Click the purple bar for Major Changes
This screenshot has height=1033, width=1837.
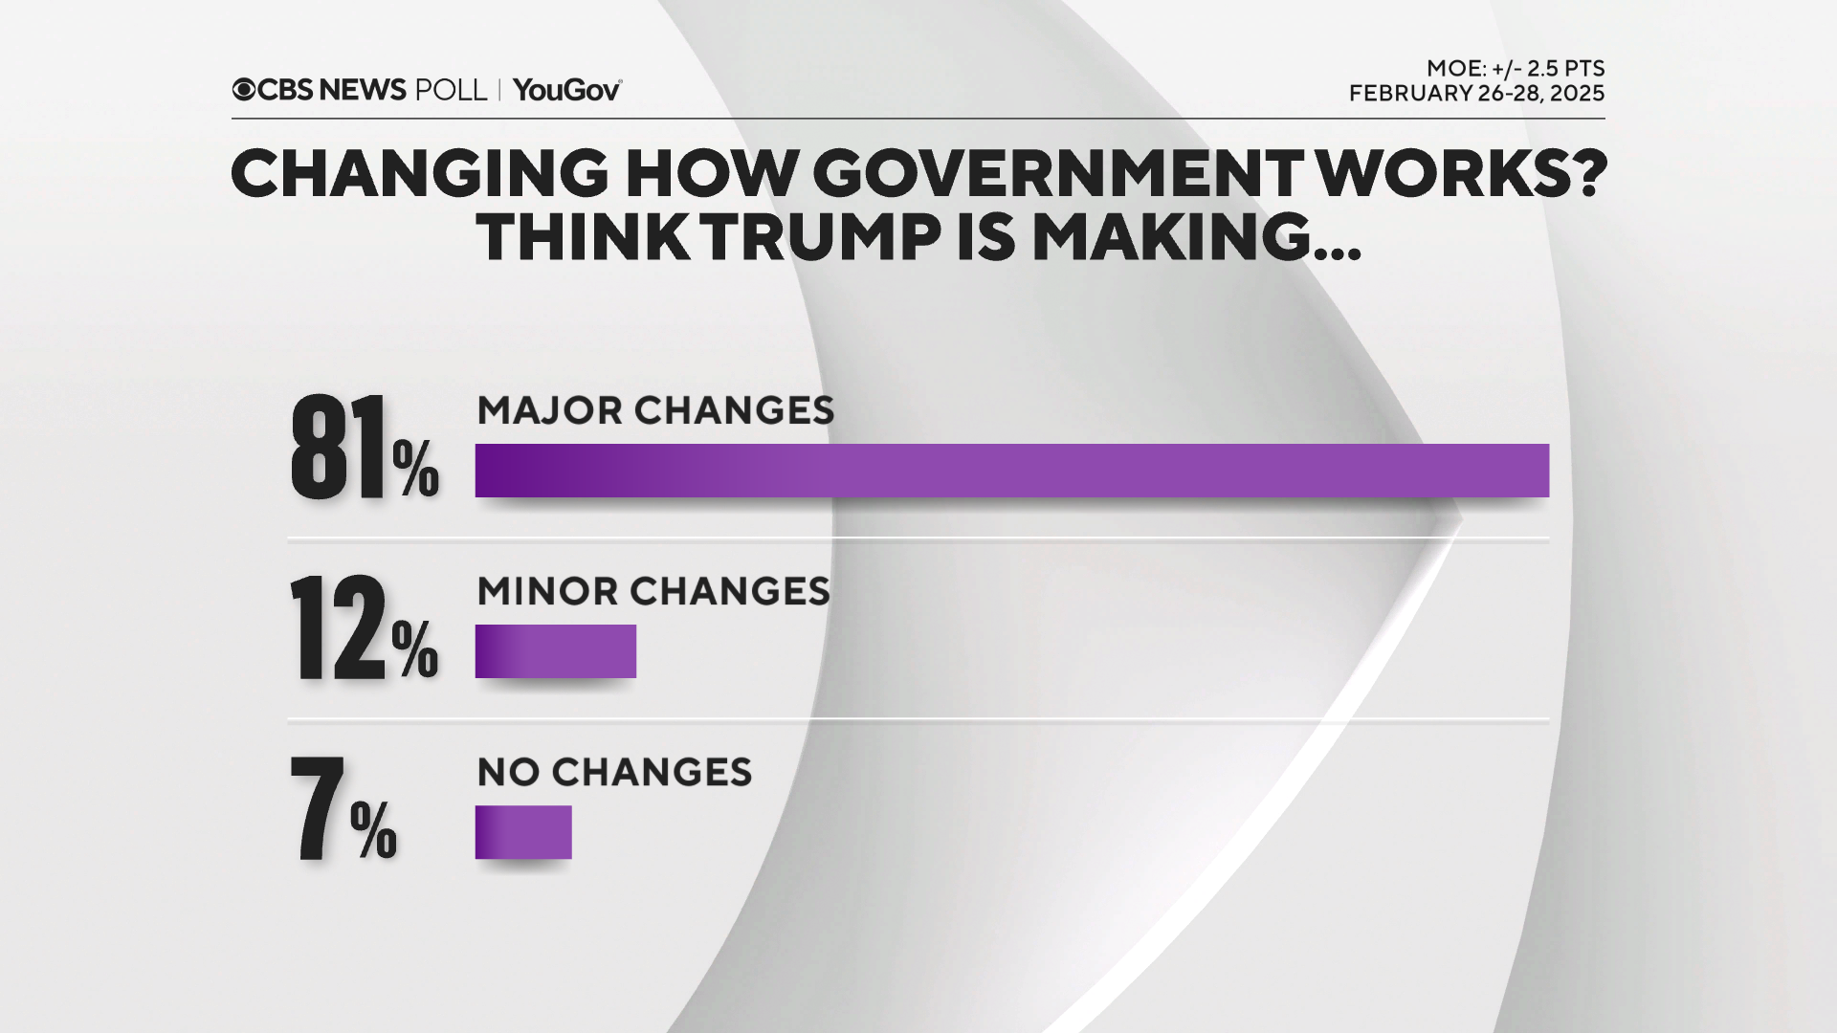(1011, 471)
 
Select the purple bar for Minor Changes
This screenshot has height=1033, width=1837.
(555, 651)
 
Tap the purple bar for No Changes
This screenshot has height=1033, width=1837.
(523, 832)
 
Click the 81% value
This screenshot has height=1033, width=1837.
(364, 450)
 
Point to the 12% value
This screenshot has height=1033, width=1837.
(364, 629)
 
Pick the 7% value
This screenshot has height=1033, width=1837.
(343, 810)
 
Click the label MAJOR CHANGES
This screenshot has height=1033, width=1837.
(655, 410)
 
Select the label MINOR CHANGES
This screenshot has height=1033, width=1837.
(653, 591)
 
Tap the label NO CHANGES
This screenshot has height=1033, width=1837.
(614, 772)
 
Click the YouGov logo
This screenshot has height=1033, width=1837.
(566, 90)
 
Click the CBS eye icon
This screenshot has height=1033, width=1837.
(244, 90)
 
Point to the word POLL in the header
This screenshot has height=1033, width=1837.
(451, 90)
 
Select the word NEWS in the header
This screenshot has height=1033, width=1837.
(363, 90)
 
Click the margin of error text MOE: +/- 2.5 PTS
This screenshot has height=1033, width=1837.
(1515, 69)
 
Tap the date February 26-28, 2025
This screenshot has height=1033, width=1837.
(1476, 94)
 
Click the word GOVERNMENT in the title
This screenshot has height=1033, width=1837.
(1057, 174)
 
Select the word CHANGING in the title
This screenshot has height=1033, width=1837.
(419, 174)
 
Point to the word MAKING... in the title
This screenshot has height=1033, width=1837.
(1196, 237)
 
